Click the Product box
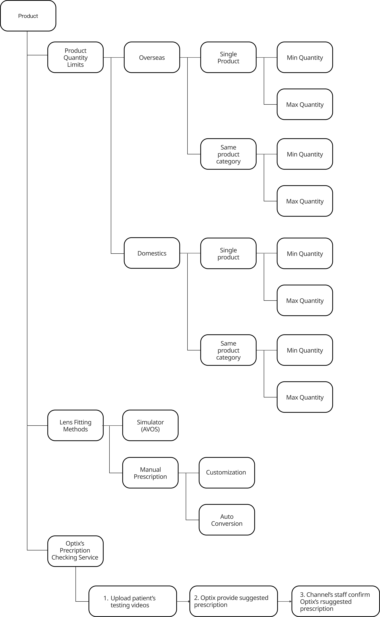click(28, 16)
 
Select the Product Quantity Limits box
click(75, 57)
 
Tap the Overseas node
click(152, 57)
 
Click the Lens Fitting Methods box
click(75, 425)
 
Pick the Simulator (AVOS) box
click(150, 425)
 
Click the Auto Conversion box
click(227, 520)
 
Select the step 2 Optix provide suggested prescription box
click(233, 601)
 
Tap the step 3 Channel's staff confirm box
click(336, 601)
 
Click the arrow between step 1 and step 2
click(183, 602)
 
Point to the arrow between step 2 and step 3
click(285, 602)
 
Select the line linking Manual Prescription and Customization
click(188, 473)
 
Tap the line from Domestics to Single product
click(190, 253)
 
